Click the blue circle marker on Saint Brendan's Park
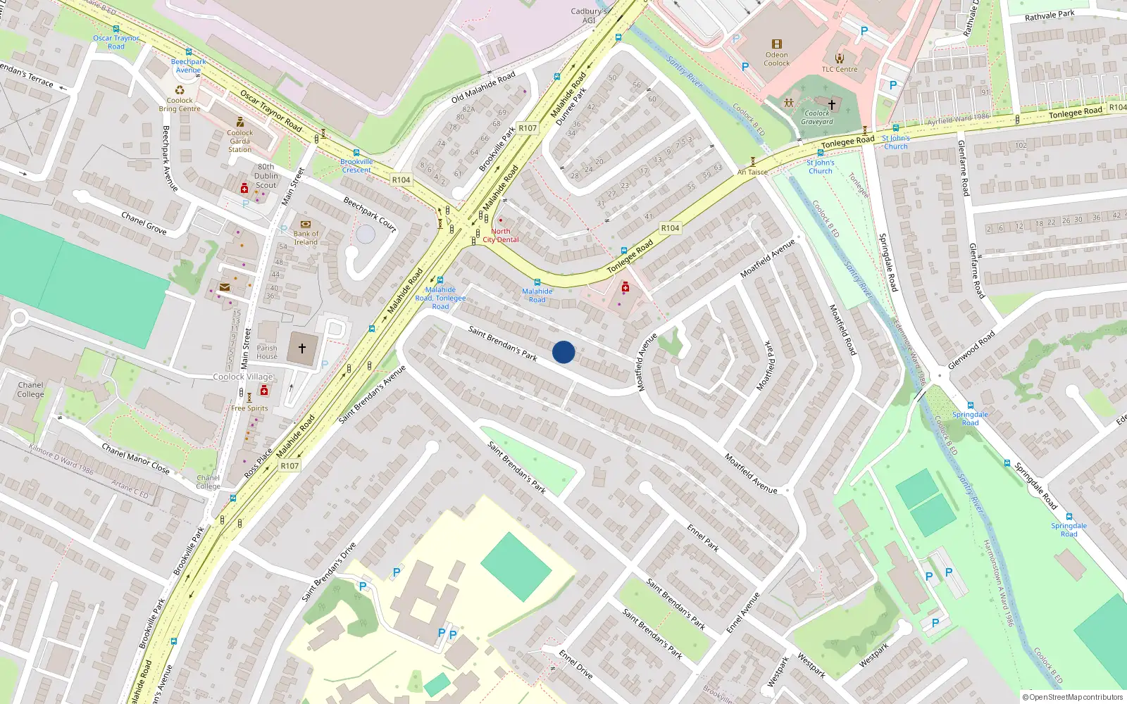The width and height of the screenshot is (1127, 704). click(x=563, y=352)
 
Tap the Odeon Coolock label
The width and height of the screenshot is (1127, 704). click(x=776, y=59)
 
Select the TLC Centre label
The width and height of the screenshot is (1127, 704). click(x=840, y=69)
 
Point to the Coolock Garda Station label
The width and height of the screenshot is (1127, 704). click(x=239, y=141)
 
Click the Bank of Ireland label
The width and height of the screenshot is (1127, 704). click(x=306, y=238)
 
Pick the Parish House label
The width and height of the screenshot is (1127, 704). click(x=267, y=352)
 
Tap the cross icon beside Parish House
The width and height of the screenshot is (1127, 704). click(x=302, y=348)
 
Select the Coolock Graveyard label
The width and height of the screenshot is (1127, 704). click(x=817, y=118)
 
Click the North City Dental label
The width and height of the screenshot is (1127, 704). click(x=501, y=235)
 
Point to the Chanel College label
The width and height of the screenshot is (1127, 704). click(x=30, y=389)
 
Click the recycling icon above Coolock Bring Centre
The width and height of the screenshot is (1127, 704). click(x=180, y=90)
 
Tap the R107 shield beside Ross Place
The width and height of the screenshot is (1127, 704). click(x=289, y=466)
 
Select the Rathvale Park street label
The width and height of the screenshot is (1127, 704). click(x=1050, y=15)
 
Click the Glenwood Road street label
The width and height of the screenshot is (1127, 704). click(x=971, y=350)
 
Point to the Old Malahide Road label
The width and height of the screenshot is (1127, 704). click(x=483, y=87)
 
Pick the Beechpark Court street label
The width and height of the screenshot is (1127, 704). click(x=370, y=214)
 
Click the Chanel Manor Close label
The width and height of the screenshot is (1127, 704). click(x=135, y=458)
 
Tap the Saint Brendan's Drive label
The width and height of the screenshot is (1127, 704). click(x=329, y=572)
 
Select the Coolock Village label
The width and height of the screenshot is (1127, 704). click(x=243, y=377)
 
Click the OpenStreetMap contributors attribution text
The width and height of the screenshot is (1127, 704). click(x=1073, y=697)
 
